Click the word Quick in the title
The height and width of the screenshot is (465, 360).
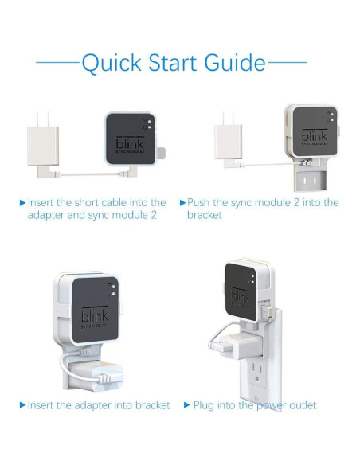[x=112, y=64]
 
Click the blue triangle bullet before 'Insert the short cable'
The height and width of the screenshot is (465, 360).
[x=22, y=203]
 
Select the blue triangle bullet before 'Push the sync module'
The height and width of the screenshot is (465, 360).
[x=182, y=203]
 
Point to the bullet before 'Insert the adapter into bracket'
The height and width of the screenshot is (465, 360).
[x=22, y=404]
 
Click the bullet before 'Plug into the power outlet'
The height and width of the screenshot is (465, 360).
[x=187, y=404]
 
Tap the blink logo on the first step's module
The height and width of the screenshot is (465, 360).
[x=130, y=143]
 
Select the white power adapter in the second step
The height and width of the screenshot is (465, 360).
[x=228, y=139]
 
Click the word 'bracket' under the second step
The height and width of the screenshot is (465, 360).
[x=205, y=215]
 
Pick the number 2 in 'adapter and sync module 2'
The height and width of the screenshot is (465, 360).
[x=153, y=215]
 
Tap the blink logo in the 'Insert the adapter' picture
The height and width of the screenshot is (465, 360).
[x=95, y=315]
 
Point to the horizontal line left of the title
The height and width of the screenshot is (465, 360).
[x=57, y=63]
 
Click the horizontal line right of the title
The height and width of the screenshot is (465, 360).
[x=287, y=63]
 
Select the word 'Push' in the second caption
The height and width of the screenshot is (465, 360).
[x=198, y=202]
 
